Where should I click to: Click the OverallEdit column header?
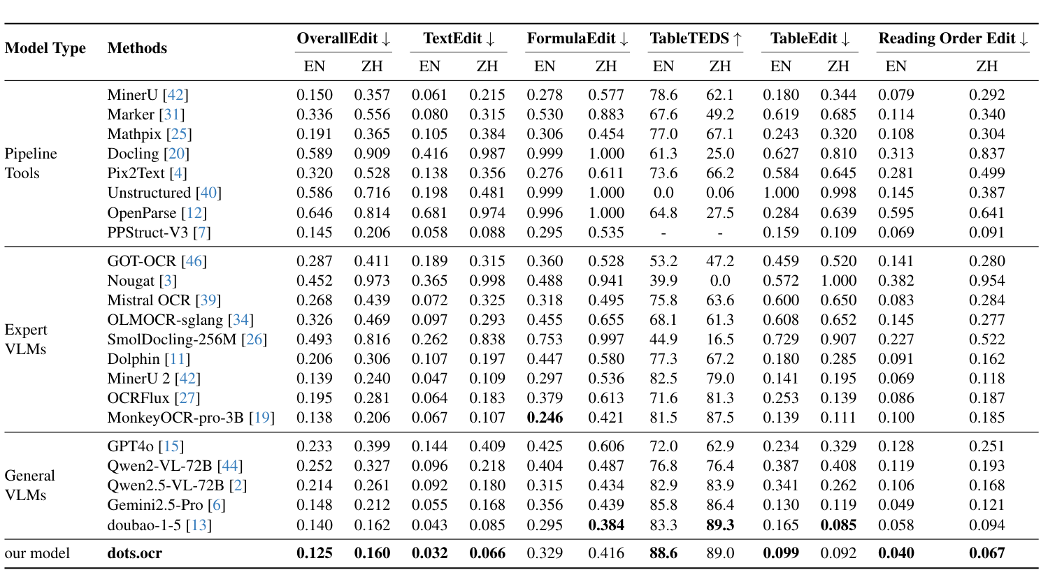click(343, 39)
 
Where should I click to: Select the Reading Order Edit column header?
click(953, 39)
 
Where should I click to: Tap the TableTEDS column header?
click(696, 39)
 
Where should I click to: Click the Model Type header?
click(45, 48)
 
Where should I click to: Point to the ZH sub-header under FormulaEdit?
click(605, 66)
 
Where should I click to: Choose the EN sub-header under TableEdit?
click(780, 66)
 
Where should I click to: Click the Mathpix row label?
click(150, 134)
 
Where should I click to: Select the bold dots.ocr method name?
click(135, 553)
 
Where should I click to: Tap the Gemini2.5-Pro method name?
click(155, 505)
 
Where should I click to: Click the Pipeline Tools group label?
click(31, 163)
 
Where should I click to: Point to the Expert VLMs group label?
click(26, 339)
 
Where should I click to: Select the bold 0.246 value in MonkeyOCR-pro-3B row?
click(545, 418)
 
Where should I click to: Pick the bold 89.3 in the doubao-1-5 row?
click(720, 525)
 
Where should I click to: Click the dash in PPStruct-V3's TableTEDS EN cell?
click(663, 233)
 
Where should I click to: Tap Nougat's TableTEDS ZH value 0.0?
click(720, 281)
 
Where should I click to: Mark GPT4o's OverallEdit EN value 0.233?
click(315, 446)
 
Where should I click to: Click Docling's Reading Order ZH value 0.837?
click(986, 154)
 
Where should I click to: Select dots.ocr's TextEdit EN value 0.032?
click(429, 553)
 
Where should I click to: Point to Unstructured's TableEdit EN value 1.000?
click(780, 193)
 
